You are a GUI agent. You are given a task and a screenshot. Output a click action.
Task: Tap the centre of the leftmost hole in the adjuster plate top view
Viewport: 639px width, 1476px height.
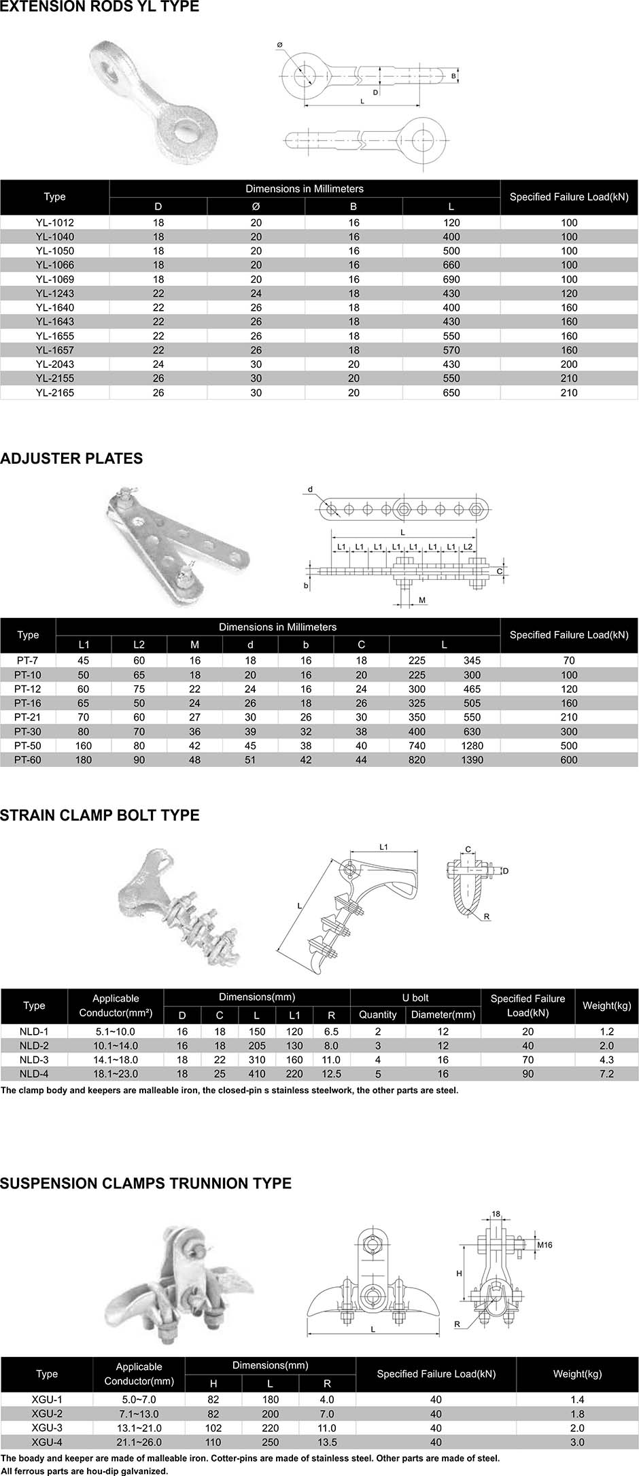[331, 509]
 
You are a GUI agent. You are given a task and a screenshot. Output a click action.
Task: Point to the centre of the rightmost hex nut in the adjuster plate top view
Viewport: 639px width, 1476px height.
[477, 509]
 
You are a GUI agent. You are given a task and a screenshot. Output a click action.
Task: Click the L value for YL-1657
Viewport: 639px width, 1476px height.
[451, 350]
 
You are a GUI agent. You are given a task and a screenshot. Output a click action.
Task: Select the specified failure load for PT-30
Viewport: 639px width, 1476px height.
[569, 732]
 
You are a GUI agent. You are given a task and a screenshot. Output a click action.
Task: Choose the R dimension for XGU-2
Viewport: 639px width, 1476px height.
[327, 1413]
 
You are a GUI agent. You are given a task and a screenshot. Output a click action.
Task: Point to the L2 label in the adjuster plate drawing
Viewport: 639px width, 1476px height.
[468, 547]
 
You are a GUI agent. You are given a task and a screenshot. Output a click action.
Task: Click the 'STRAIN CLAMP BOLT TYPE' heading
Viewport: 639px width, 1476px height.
[100, 815]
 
